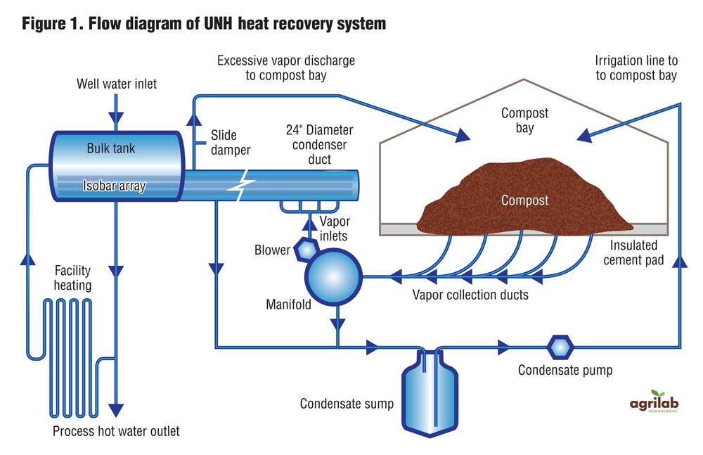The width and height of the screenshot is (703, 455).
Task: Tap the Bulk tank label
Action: point(110,149)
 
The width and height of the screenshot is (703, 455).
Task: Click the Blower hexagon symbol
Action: point(306,248)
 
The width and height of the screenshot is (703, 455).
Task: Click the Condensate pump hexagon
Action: point(560,346)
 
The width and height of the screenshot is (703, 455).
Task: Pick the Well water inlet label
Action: point(117,84)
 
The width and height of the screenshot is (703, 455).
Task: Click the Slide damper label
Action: point(224,142)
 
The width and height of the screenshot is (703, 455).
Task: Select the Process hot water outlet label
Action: point(116,430)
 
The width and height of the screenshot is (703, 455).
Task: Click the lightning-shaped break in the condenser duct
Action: point(241,186)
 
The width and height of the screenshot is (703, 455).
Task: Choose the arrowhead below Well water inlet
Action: point(117,113)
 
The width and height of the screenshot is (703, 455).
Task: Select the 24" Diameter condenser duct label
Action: point(319,144)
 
